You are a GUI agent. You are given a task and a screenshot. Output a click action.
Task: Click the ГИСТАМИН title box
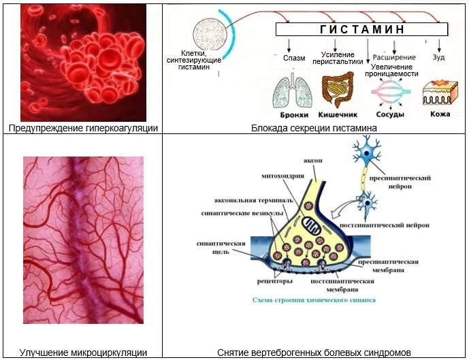click(361, 29)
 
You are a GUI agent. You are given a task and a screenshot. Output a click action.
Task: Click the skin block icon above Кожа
click(440, 94)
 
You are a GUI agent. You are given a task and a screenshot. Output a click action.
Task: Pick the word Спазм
click(293, 58)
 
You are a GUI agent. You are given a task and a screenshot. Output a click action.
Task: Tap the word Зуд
click(440, 58)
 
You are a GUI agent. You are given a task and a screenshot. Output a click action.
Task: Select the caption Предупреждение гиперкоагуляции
click(83, 128)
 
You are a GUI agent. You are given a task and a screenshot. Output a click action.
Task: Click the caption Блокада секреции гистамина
click(314, 128)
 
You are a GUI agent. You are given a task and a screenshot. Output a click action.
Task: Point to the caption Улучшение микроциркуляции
click(83, 353)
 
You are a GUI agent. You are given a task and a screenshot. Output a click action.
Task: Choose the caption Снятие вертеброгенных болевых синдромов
click(314, 353)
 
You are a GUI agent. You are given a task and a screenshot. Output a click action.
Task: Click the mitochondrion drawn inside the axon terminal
click(314, 225)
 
